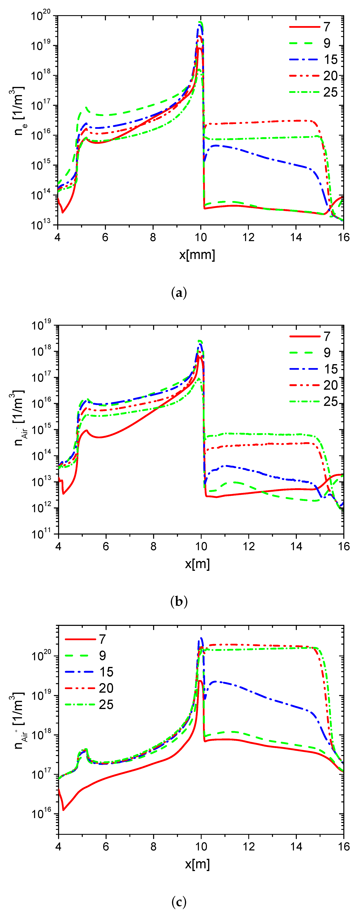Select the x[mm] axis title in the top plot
(197, 255)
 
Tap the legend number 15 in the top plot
(331, 60)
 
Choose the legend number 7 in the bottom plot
(103, 639)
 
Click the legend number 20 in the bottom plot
(106, 688)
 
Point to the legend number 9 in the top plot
(327, 43)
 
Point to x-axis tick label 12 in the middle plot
(249, 546)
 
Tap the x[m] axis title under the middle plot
(197, 564)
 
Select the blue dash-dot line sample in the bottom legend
(80, 672)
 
